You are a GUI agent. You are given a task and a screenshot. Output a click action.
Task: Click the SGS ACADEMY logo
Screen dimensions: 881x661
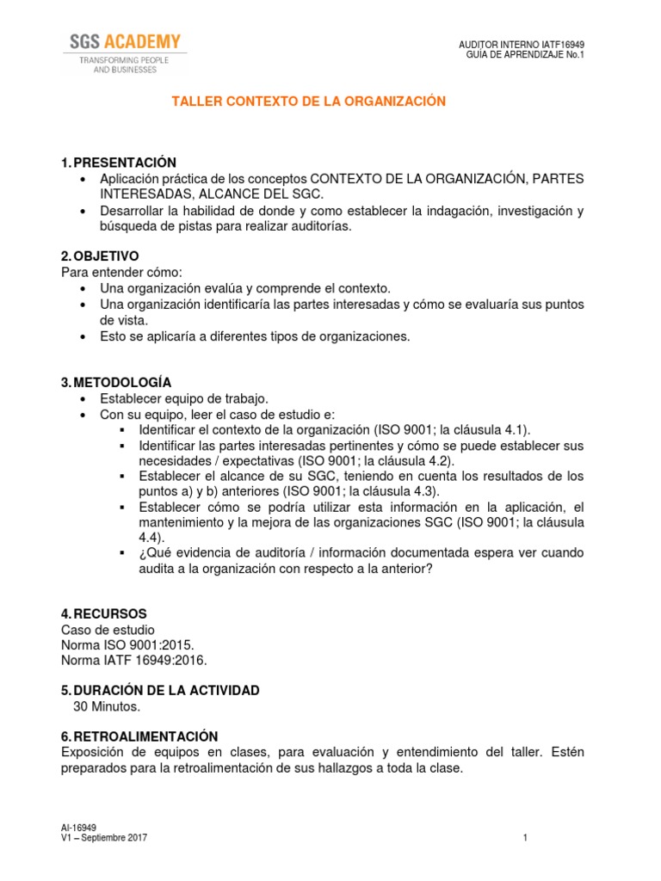pos(125,41)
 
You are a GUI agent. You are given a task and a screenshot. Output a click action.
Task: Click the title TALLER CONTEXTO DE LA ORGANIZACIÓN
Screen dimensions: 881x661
pos(309,102)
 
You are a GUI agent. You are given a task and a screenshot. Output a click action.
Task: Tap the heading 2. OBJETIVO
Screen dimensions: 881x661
pos(99,256)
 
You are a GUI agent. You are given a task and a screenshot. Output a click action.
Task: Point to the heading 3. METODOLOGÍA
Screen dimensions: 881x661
pos(116,382)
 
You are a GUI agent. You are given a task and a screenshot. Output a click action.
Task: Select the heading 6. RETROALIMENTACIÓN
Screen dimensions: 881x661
pos(139,736)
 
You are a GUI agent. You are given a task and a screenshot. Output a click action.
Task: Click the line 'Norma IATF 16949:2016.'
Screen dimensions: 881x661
pos(134,660)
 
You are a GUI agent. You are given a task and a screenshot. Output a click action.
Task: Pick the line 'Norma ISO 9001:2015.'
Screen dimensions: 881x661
pos(127,644)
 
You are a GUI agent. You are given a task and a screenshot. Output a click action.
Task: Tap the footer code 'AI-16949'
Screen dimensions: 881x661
pos(78,828)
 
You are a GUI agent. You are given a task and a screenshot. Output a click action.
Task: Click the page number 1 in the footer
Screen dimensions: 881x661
pos(524,838)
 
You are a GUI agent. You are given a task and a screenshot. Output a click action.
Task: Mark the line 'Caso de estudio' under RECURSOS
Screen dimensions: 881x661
pos(108,629)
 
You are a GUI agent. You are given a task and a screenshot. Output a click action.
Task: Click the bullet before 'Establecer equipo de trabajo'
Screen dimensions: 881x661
pos(82,398)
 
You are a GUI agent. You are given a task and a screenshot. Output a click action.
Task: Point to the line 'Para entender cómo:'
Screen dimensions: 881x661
pos(121,272)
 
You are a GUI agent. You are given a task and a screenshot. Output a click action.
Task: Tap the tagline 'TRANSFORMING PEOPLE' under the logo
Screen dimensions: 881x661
pos(125,60)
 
